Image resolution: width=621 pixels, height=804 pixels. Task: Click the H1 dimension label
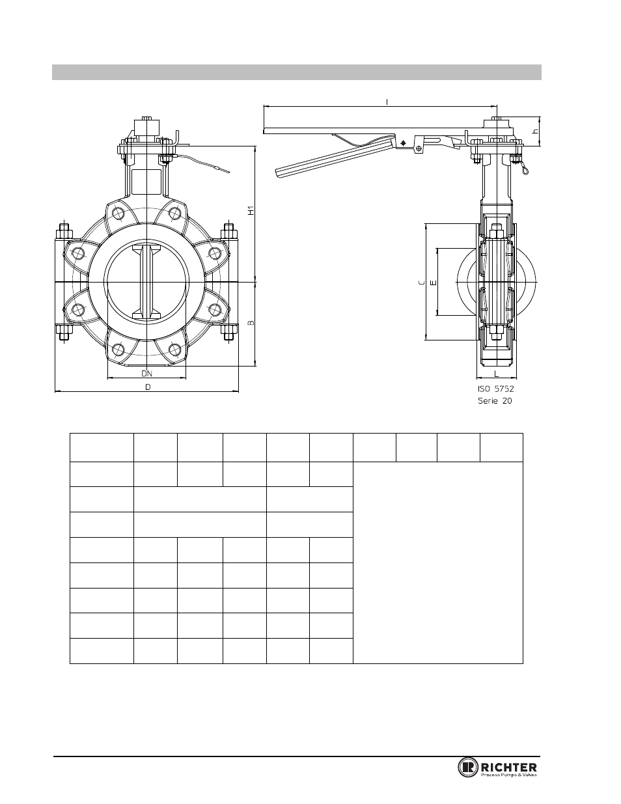251,210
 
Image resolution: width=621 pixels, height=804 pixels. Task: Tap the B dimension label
251,323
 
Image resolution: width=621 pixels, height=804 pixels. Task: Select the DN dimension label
147,374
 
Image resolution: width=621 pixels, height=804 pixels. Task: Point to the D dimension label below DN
148,387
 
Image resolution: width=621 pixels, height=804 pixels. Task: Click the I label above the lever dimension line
387,102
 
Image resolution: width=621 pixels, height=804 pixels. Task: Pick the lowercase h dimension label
536,132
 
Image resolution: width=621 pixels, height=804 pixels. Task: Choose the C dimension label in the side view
421,283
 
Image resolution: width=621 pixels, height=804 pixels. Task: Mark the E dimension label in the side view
434,283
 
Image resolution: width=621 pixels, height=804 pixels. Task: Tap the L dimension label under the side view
497,374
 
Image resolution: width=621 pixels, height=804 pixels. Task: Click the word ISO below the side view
484,389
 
